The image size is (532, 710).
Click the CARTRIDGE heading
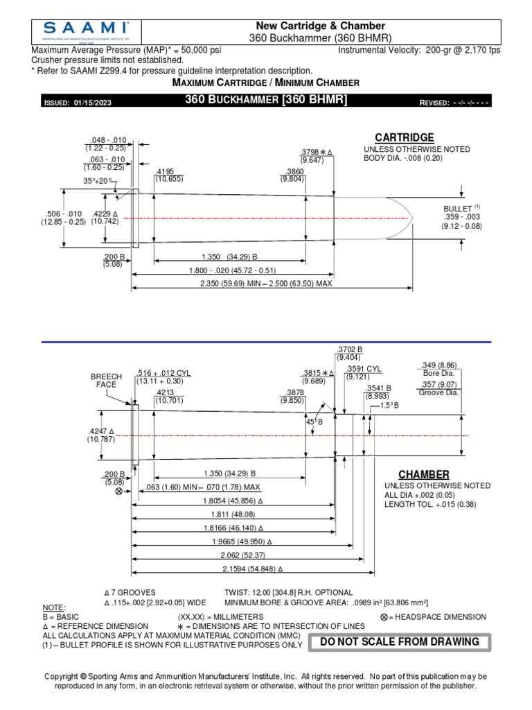404,137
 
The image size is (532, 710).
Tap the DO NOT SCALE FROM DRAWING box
399,641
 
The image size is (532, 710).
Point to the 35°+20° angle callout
98,180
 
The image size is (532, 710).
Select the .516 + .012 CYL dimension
163,376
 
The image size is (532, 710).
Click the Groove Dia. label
438,392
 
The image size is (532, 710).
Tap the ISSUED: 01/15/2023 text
78,103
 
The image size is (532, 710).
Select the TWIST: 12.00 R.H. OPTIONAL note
288,593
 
